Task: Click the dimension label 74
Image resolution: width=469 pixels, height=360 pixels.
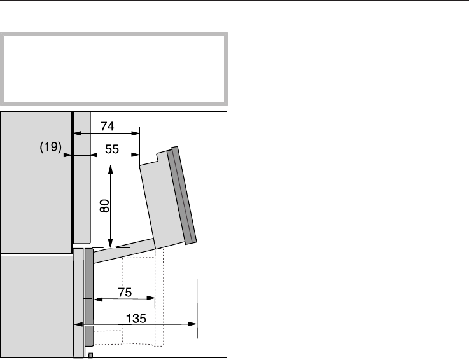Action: pyautogui.click(x=107, y=126)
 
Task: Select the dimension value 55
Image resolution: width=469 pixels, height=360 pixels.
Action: pyautogui.click(x=112, y=149)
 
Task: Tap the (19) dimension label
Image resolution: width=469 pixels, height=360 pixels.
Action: pyautogui.click(x=50, y=147)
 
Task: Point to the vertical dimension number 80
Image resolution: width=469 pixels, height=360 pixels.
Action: pyautogui.click(x=104, y=206)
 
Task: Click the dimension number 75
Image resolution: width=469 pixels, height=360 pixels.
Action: pyautogui.click(x=125, y=292)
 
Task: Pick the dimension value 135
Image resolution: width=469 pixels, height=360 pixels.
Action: pyautogui.click(x=136, y=319)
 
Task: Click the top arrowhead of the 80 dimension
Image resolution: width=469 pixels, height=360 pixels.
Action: pyautogui.click(x=111, y=169)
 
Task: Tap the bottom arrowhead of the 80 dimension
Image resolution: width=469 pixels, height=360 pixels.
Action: pyautogui.click(x=111, y=243)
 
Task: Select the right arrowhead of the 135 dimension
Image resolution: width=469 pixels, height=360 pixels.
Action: pyautogui.click(x=192, y=324)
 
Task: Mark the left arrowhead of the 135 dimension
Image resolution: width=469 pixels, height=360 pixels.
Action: pyautogui.click(x=78, y=324)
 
